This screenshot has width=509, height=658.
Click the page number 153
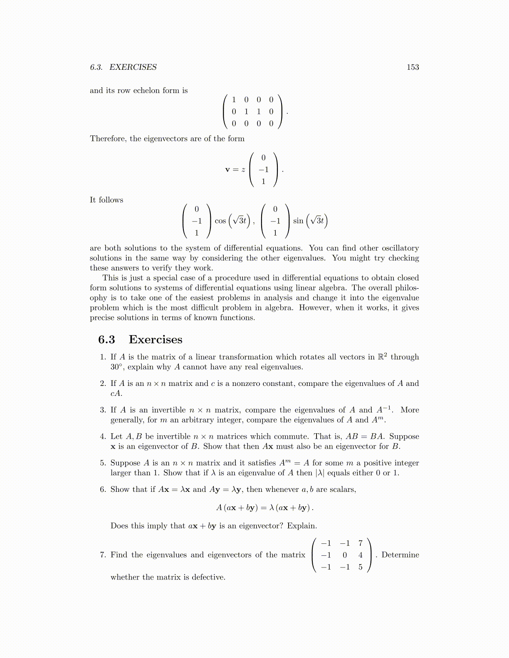pos(413,67)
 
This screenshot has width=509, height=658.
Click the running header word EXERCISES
pos(133,67)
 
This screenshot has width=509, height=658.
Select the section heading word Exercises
pos(156,339)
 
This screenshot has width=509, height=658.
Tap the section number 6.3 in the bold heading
pos(106,339)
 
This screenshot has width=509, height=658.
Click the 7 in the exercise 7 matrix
pos(360,543)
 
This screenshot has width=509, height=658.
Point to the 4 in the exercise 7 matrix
pos(360,555)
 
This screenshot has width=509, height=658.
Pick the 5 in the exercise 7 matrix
pos(360,567)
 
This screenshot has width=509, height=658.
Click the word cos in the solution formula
pos(220,221)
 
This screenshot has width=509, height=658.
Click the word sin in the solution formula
pos(298,221)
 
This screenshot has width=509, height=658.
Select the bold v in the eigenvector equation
pos(227,169)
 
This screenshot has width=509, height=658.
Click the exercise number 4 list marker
pos(103,437)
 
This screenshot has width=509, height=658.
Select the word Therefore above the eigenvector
pos(108,139)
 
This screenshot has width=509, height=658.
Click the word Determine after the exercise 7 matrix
pos(400,555)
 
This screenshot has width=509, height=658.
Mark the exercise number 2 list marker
pos(103,383)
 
